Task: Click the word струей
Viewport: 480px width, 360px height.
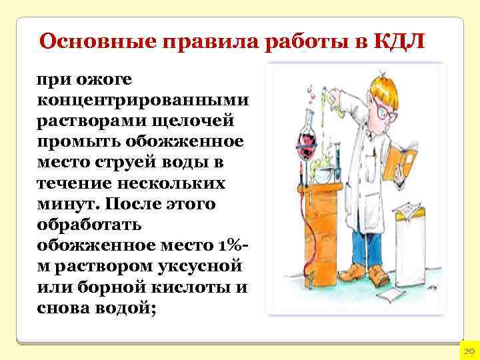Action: pyautogui.click(x=141, y=162)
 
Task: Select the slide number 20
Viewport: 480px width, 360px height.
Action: pyautogui.click(x=468, y=350)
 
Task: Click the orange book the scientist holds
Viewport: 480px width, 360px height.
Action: pyautogui.click(x=400, y=161)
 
